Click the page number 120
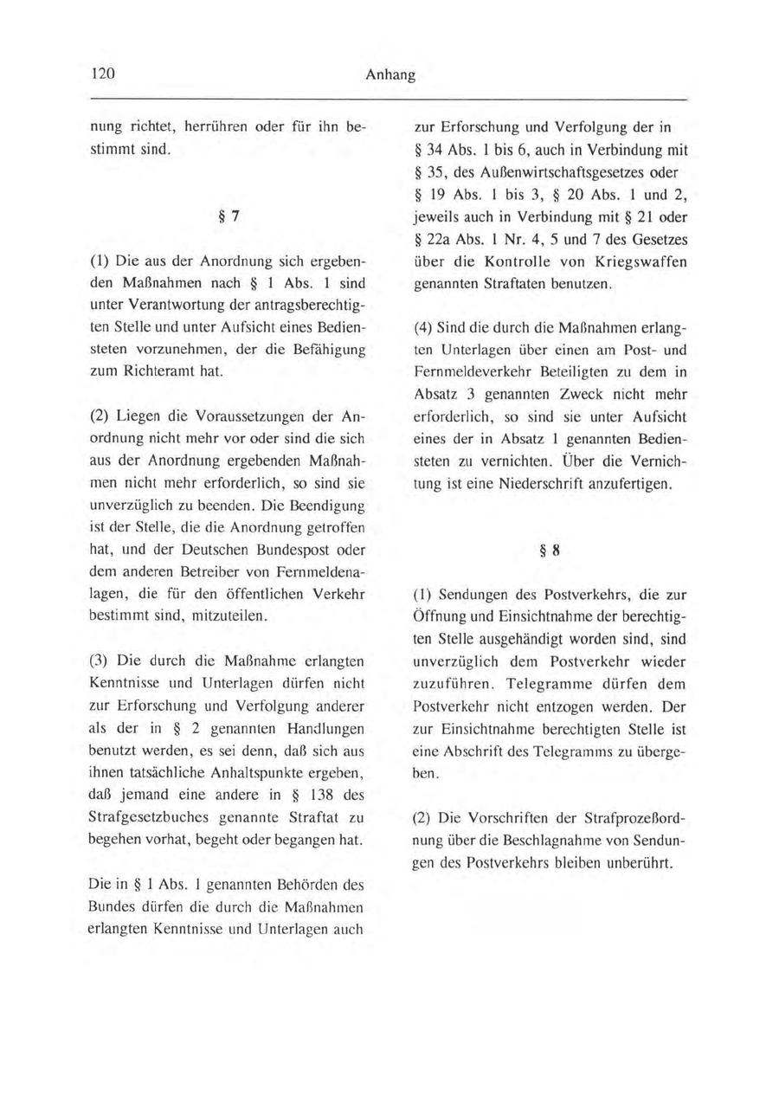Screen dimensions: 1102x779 pos(104,74)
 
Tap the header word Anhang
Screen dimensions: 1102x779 pos(390,75)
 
